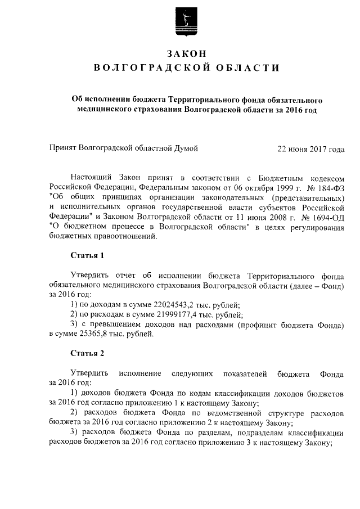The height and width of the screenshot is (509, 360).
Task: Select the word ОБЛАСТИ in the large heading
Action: coord(246,69)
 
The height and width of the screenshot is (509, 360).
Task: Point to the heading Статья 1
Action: coord(87,256)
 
